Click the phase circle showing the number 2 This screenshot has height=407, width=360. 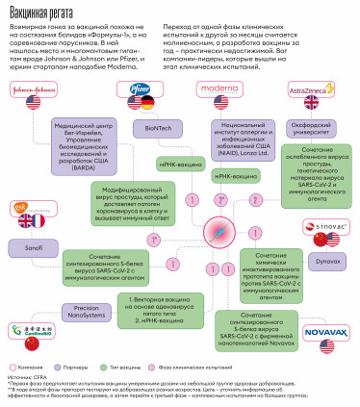click(x=255, y=200)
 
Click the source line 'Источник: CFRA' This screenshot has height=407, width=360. click(x=26, y=380)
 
